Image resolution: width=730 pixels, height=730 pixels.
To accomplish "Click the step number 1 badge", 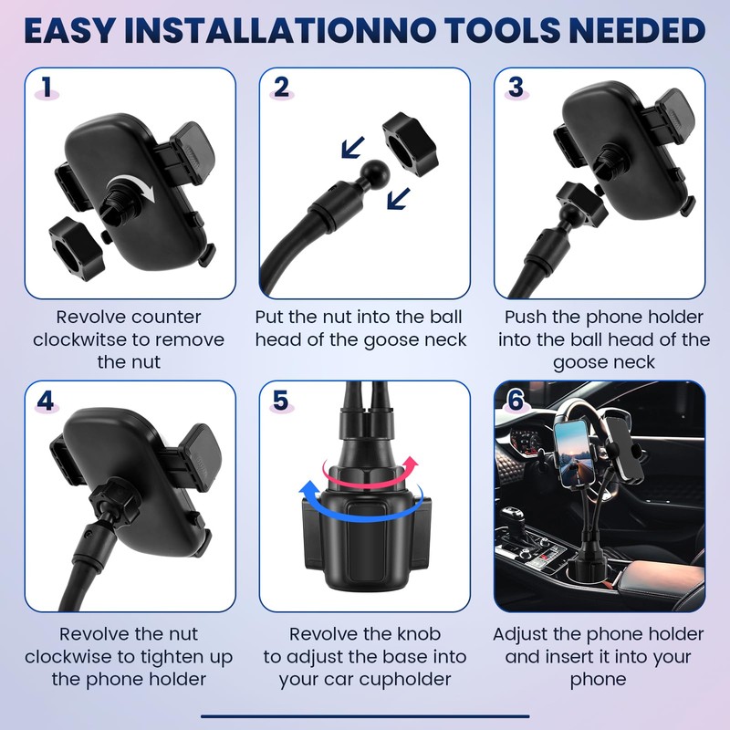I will pos(47,88).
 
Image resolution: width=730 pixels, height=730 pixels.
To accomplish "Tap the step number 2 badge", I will pos(281,88).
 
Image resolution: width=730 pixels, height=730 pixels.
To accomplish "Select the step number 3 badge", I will pos(516,88).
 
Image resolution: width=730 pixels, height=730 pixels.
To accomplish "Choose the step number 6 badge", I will pos(516,401).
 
